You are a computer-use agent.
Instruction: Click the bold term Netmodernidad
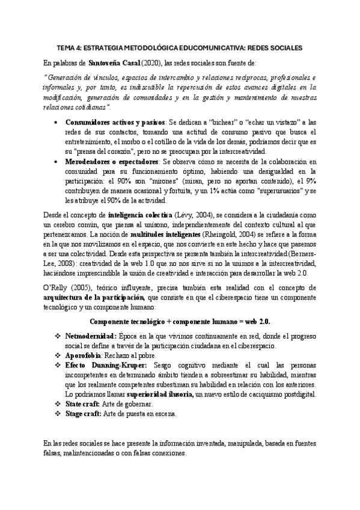tap(91, 336)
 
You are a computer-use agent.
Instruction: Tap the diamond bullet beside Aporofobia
tap(58, 356)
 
